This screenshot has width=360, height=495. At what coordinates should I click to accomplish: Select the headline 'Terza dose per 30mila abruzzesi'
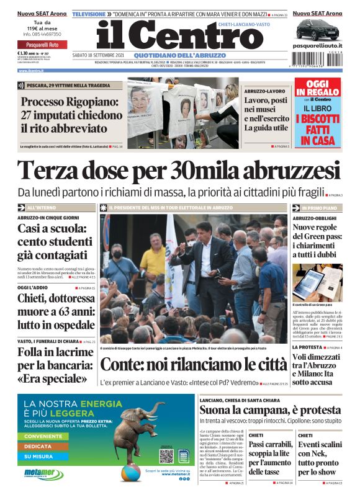point(179,170)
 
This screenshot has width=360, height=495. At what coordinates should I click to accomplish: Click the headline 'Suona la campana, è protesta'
point(269,410)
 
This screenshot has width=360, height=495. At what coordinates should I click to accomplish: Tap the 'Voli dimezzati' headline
point(317,365)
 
